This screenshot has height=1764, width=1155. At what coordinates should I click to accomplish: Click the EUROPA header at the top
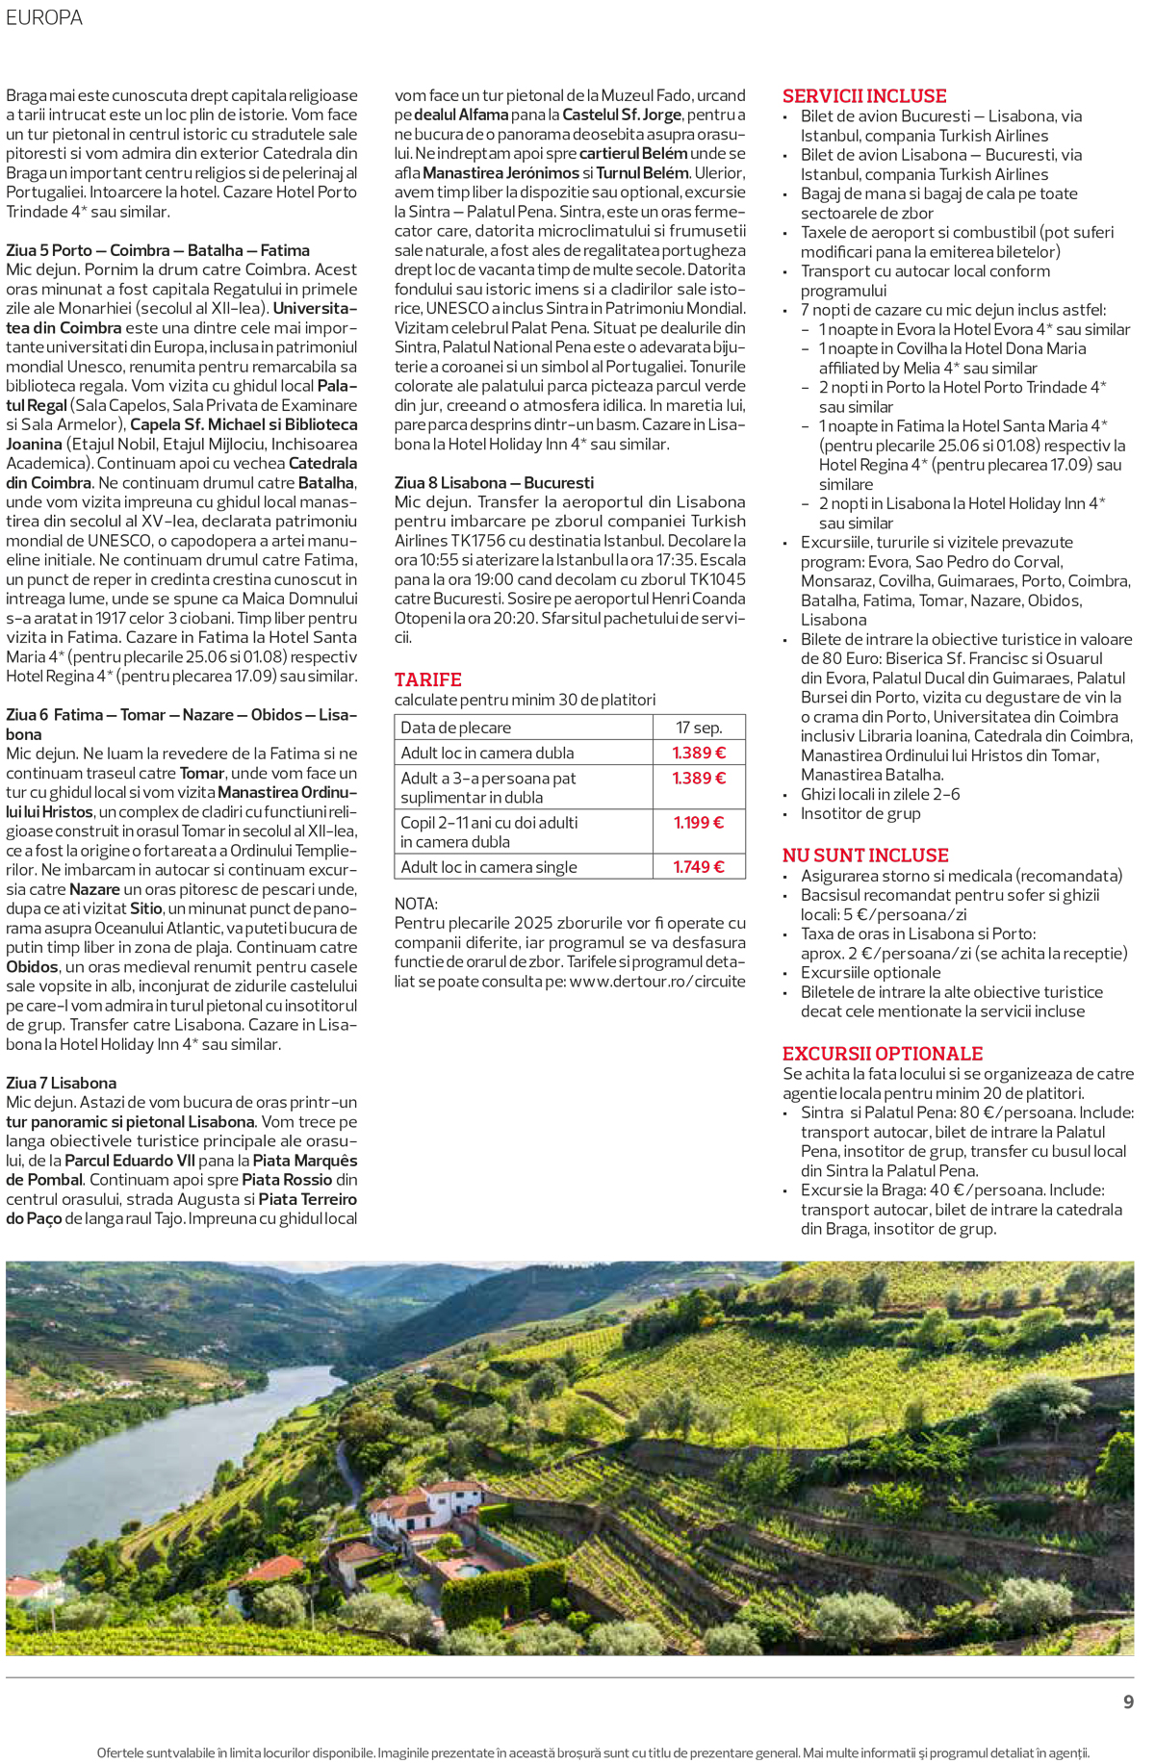click(x=44, y=17)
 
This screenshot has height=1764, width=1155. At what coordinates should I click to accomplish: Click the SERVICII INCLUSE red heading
click(x=863, y=96)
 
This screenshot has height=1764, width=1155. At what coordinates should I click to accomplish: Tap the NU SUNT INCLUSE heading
click(x=864, y=856)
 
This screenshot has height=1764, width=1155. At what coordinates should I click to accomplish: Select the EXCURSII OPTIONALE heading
click(x=882, y=1054)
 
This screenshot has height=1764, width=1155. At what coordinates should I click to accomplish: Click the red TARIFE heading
click(x=427, y=679)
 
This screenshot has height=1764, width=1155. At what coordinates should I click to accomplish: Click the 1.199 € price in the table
click(x=698, y=823)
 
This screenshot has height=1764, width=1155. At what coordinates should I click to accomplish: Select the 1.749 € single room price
click(x=698, y=867)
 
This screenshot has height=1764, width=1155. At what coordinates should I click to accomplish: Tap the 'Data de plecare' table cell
click(x=455, y=728)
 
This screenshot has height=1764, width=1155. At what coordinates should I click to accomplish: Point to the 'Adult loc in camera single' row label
click(x=489, y=867)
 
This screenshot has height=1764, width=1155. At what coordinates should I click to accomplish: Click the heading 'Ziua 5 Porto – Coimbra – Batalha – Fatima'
click(x=158, y=250)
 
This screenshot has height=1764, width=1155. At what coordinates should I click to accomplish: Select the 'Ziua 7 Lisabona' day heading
click(x=61, y=1083)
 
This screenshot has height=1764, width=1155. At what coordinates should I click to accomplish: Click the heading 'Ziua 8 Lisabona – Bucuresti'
click(x=494, y=483)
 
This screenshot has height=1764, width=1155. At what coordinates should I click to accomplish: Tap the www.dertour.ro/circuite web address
click(x=656, y=982)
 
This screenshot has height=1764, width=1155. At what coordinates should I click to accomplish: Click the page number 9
click(x=1128, y=1702)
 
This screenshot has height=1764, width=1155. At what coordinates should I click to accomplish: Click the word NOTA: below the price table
click(x=416, y=904)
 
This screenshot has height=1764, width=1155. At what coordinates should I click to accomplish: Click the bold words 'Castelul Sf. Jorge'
click(x=621, y=115)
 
